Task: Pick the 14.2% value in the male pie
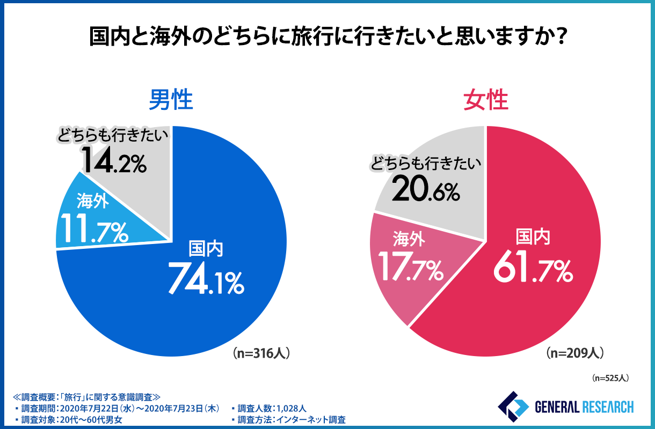[x=114, y=160]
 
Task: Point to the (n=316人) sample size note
[x=262, y=353]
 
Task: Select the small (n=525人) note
[x=610, y=378]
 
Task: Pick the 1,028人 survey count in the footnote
[x=291, y=409]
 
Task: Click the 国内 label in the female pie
[x=533, y=236]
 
